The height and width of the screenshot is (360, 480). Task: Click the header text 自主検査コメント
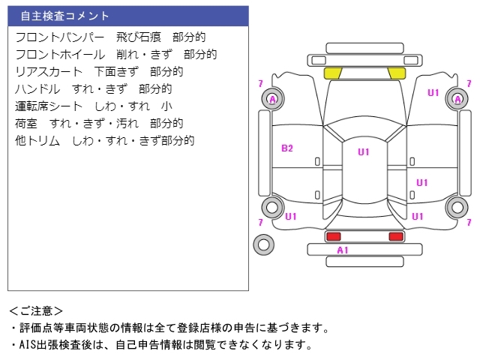(64, 16)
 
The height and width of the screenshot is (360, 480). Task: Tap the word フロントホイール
(60, 54)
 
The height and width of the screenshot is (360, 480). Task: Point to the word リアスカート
(49, 71)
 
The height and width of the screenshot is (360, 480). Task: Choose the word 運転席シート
(49, 106)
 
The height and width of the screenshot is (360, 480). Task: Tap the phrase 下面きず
(116, 71)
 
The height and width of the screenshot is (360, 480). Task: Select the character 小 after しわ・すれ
(166, 106)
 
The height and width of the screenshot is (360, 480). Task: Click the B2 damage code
(287, 148)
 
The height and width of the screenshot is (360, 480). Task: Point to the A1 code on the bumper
(342, 250)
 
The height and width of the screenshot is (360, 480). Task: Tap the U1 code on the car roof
(363, 152)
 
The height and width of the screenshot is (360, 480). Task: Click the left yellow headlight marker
(332, 73)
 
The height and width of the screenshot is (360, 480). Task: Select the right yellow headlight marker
(396, 73)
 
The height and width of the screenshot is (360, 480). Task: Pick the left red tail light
(333, 236)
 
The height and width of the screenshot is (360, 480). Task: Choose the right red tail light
(395, 236)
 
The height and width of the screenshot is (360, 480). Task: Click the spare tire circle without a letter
(263, 244)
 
